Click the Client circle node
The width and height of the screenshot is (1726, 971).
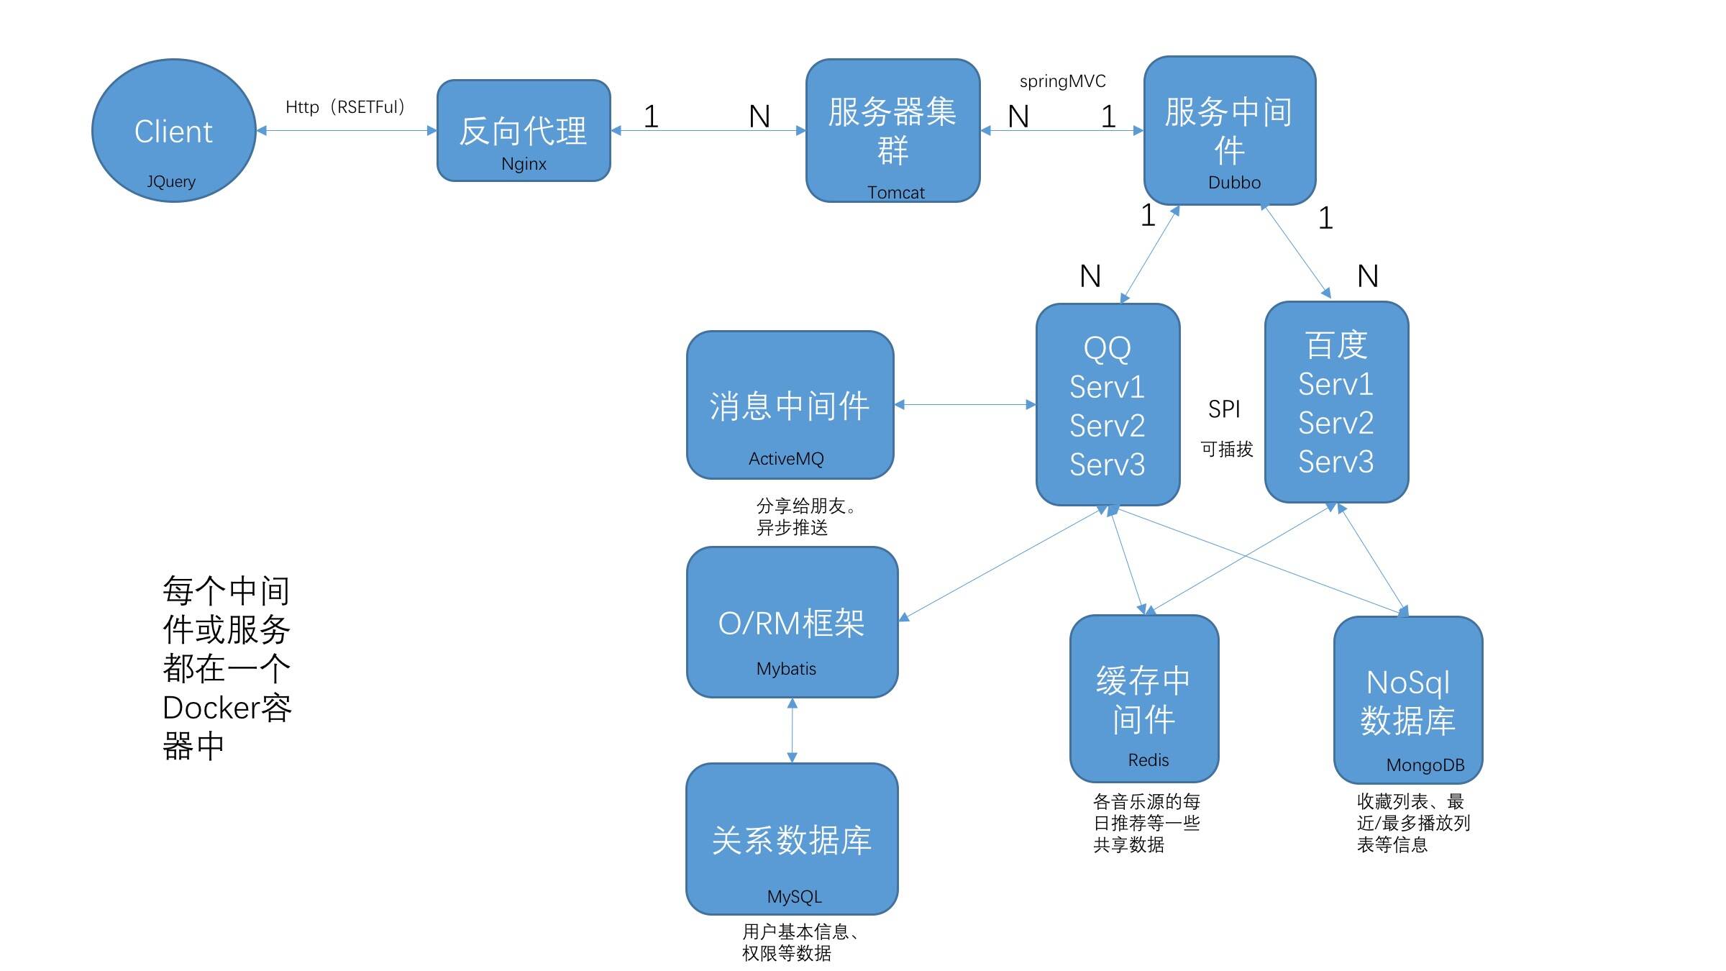tap(174, 130)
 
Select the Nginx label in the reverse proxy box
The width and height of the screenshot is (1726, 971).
tap(524, 164)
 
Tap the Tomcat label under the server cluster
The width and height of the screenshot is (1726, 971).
tap(895, 193)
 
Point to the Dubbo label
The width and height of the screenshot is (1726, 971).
tap(1234, 183)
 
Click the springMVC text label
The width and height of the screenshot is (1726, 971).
tap(1062, 82)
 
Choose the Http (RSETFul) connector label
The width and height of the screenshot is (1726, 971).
tap(345, 107)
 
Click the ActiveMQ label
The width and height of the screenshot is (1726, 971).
tap(786, 459)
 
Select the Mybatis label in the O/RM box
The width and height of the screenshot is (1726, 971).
tap(786, 669)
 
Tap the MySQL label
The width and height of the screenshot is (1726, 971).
tap(794, 897)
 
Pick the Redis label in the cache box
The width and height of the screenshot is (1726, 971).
tap(1148, 760)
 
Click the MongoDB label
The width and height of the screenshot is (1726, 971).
tap(1425, 765)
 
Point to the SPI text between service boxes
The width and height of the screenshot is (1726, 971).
tap(1224, 409)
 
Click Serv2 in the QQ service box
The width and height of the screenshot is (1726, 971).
tap(1107, 426)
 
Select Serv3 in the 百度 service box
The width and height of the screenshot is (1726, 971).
tap(1335, 462)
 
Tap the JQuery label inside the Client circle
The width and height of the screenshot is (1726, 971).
tap(171, 181)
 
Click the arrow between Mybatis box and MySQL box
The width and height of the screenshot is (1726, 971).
tap(792, 730)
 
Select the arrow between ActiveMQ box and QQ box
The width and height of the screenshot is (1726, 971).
tap(965, 405)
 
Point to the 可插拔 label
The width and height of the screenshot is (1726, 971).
tap(1227, 450)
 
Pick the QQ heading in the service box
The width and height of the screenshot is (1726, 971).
tap(1108, 349)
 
